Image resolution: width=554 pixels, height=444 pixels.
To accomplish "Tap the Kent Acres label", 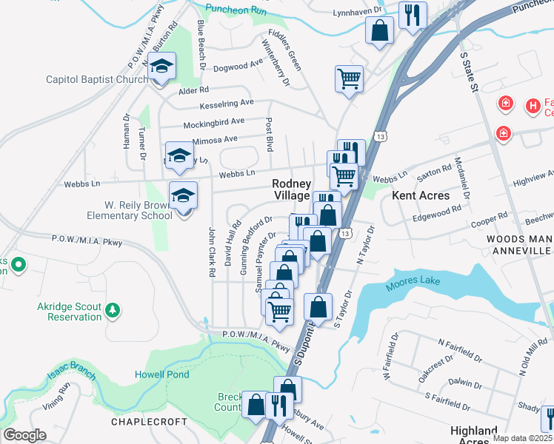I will coord(421,195).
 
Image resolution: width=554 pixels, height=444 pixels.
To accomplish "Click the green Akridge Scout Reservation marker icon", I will coord(113,309).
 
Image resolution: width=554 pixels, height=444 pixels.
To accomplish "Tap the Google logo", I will coord(24,434).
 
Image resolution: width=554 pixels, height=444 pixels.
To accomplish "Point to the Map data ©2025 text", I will coord(523,438).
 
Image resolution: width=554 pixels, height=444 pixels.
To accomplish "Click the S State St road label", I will coord(470,73).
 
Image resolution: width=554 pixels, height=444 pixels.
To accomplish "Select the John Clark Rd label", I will coord(212,252).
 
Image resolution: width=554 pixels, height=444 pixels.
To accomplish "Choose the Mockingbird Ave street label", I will coord(213,121).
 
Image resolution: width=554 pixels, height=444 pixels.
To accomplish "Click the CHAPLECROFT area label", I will coord(146,422).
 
